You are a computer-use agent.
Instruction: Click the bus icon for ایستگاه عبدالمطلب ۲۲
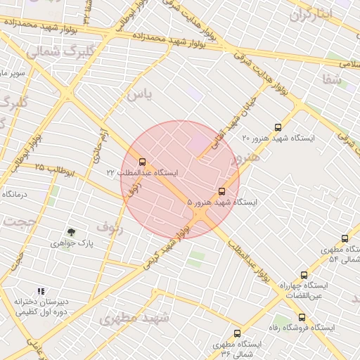click(143, 162)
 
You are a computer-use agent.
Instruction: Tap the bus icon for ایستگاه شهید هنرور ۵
click(222, 191)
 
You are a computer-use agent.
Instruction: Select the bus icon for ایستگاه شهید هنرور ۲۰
click(278, 127)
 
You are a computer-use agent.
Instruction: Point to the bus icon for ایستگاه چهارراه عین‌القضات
click(304, 275)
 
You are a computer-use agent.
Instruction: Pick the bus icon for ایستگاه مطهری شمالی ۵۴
click(345, 239)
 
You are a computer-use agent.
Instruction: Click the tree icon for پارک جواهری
click(71, 231)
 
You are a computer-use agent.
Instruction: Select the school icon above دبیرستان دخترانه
click(41, 290)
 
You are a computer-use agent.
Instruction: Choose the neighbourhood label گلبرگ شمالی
click(60, 52)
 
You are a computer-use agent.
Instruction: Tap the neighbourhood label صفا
click(333, 80)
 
